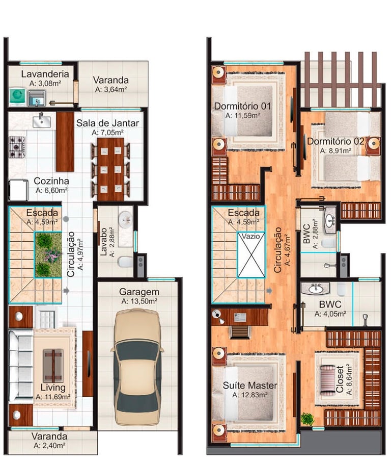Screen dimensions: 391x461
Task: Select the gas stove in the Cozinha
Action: [17, 147]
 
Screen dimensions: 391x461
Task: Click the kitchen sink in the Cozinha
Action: [42, 121]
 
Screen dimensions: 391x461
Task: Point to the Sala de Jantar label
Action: [107, 123]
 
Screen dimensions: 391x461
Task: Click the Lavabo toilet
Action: [125, 262]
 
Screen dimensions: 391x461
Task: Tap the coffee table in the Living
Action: [53, 366]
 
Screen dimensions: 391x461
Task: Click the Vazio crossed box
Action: [251, 254]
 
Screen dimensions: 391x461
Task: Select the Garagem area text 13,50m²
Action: [139, 301]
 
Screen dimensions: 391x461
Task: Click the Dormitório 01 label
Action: [242, 106]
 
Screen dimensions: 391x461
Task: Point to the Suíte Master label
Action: [250, 385]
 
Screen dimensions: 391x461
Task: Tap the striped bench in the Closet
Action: [327, 380]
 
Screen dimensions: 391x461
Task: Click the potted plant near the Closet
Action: [308, 419]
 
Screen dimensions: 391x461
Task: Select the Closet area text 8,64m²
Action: [349, 379]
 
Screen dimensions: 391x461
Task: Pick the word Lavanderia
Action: [45, 74]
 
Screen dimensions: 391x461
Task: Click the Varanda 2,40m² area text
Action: [49, 445]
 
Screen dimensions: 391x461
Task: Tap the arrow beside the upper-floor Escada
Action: [269, 291]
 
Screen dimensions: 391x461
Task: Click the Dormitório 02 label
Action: [336, 141]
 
